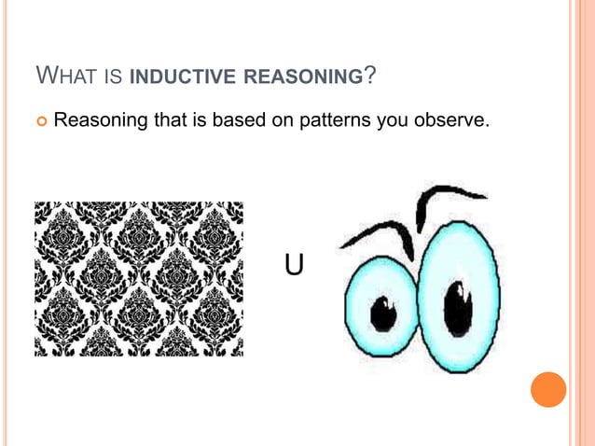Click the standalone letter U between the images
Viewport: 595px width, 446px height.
[x=294, y=266]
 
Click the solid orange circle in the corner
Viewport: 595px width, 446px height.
[x=548, y=388]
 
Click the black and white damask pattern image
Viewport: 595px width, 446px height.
[x=139, y=279]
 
